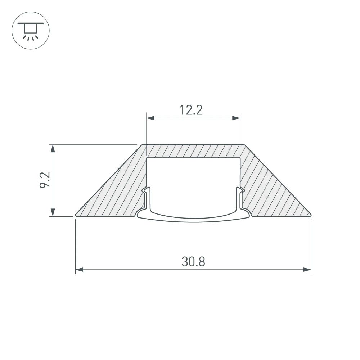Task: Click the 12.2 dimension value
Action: (192, 110)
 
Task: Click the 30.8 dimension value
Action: (193, 262)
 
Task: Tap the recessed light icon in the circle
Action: (31, 31)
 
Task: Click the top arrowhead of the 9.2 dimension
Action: (53, 148)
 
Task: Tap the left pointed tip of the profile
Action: (76, 215)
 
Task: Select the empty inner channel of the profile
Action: (193, 184)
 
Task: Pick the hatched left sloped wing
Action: (115, 194)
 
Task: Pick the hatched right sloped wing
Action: (274, 194)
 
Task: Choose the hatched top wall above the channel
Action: (193, 151)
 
